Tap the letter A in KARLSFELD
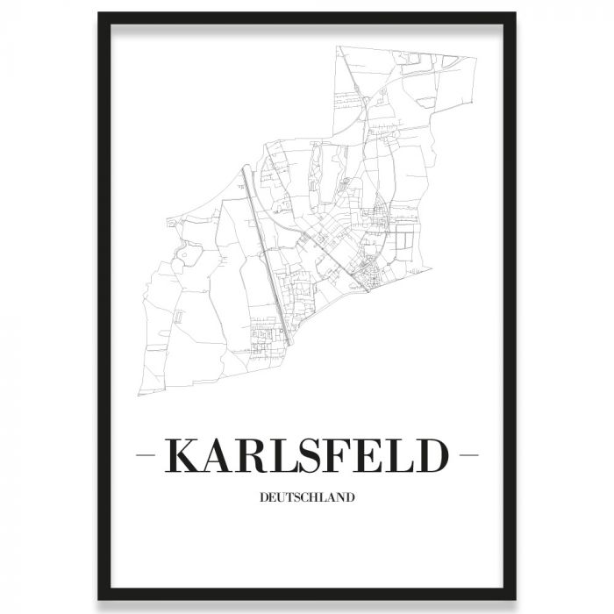tap(220, 457)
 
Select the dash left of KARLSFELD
tap(150, 457)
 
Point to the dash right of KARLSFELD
tap(468, 457)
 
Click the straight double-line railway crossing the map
tap(265, 246)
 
